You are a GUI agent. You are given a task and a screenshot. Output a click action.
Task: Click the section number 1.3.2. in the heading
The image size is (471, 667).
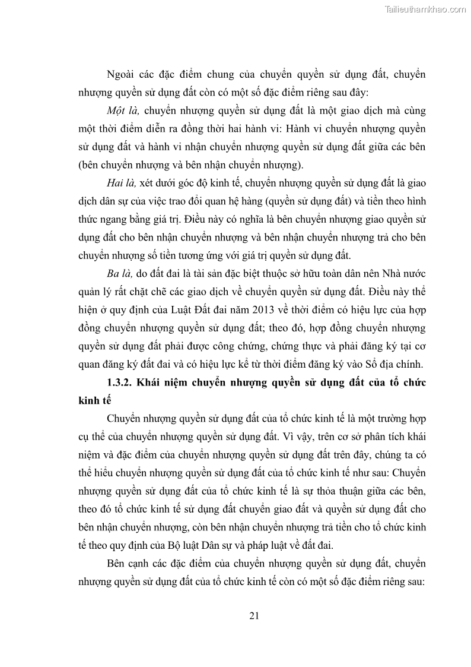pyautogui.click(x=120, y=383)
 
